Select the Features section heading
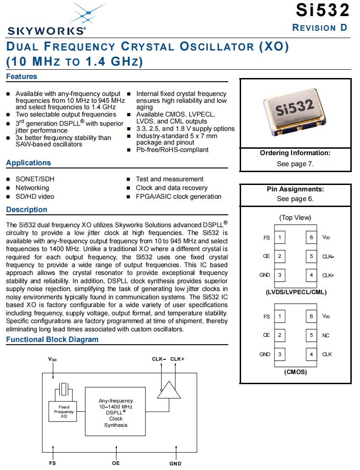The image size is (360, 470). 22,77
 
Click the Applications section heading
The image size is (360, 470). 28,163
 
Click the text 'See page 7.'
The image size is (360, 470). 295,164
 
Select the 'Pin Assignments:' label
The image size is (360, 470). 295,189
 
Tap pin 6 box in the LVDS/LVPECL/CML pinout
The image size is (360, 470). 311,237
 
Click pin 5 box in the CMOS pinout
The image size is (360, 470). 311,335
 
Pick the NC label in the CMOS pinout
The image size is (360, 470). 326,336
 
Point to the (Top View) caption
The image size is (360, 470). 295,218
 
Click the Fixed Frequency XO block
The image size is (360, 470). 64,411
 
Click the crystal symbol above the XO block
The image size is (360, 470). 63,391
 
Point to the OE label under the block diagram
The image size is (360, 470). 116,463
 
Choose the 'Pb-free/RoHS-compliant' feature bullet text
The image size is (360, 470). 172,150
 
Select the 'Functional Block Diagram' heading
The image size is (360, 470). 52,340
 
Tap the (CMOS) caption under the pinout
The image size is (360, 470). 295,372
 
